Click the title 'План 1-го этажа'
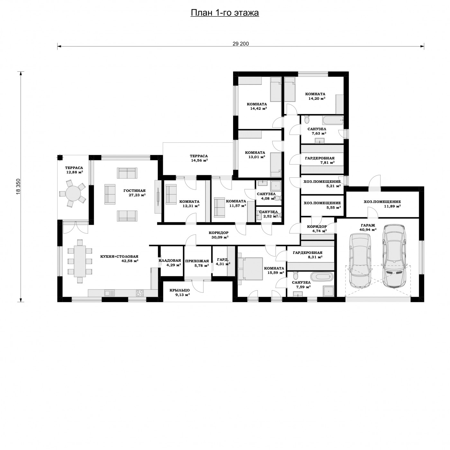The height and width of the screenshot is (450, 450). [225, 13]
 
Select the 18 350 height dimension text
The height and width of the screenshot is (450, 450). [18, 186]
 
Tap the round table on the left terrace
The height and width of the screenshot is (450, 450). [73, 193]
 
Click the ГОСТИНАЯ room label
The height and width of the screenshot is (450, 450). [134, 191]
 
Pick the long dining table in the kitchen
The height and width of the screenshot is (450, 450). [80, 261]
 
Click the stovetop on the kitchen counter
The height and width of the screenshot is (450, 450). [140, 293]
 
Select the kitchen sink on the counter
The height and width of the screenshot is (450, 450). [109, 293]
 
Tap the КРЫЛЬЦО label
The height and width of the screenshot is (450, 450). [180, 290]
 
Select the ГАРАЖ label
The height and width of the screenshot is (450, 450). [368, 225]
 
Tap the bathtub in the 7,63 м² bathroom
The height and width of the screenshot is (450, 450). [333, 120]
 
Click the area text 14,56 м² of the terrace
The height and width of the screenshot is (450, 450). [199, 160]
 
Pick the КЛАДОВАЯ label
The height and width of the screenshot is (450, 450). [170, 260]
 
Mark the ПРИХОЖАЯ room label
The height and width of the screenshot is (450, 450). [197, 261]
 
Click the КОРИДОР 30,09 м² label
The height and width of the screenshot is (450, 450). [219, 235]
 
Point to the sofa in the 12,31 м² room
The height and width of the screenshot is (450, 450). [171, 194]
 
